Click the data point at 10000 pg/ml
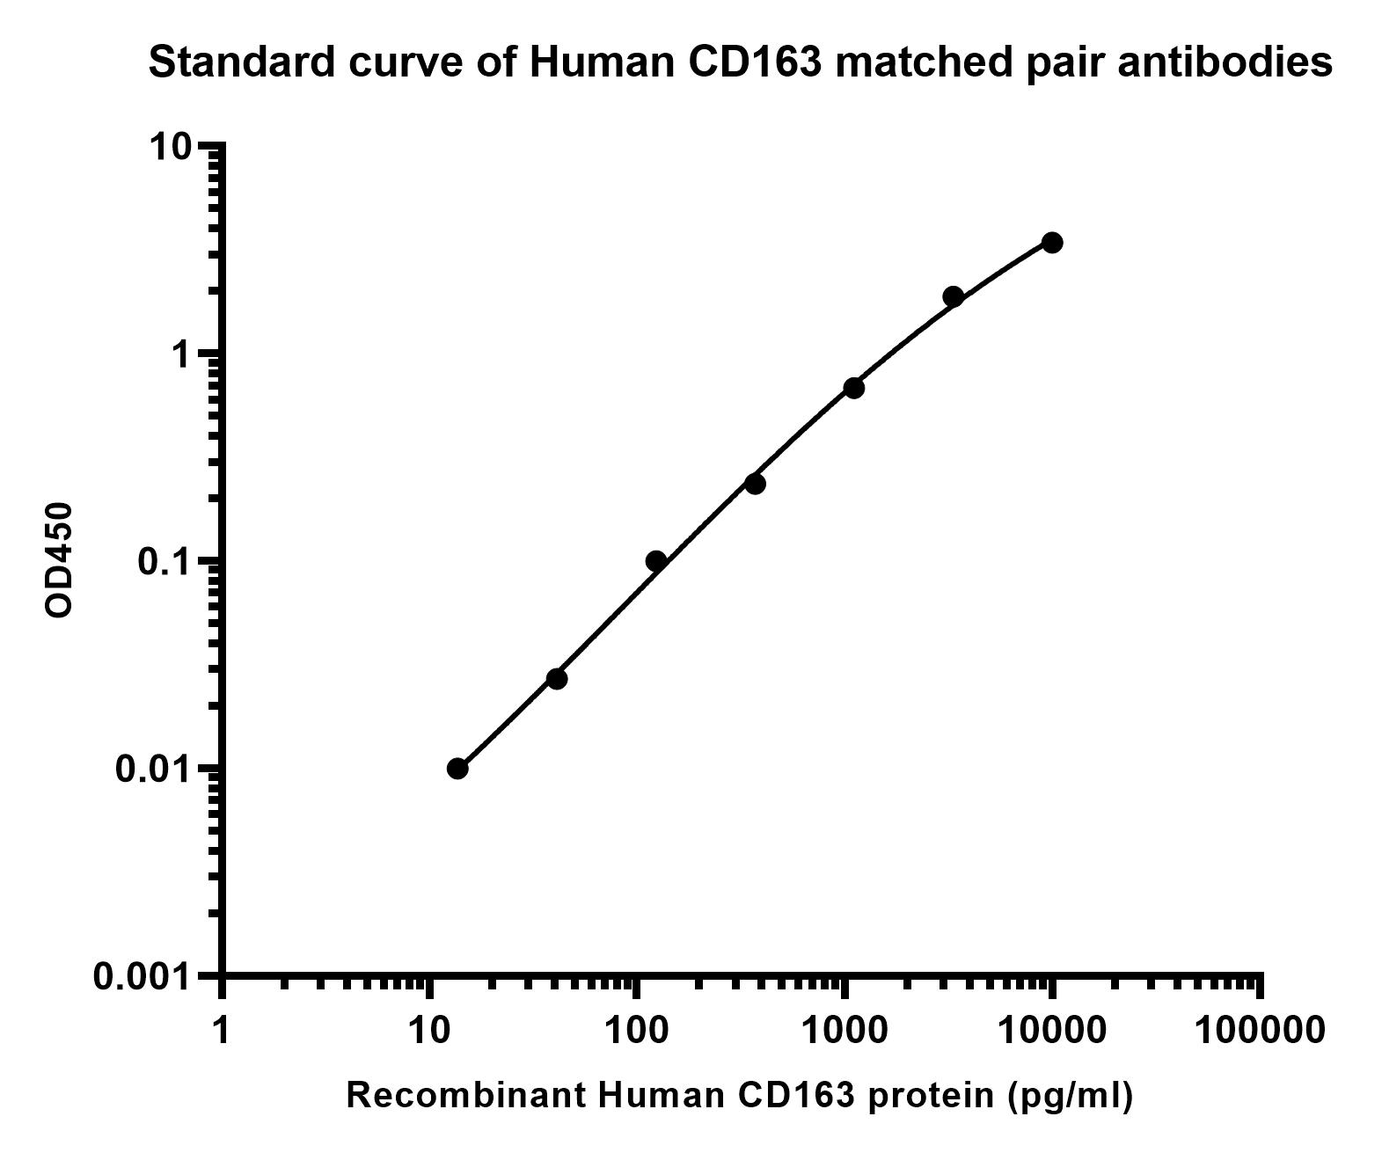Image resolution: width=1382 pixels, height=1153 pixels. click(1051, 243)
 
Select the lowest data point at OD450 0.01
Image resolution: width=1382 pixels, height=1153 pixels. click(457, 769)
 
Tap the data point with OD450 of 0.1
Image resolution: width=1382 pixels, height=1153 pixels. click(655, 561)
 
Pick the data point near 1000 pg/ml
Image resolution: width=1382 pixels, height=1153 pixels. click(853, 388)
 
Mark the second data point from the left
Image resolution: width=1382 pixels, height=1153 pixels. click(557, 679)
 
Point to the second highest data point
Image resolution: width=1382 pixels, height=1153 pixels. click(953, 296)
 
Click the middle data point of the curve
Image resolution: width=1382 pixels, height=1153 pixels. click(755, 484)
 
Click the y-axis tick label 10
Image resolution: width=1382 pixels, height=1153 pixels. click(170, 146)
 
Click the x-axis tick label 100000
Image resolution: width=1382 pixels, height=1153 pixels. click(1260, 1029)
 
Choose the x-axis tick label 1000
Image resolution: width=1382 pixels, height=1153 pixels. click(845, 1029)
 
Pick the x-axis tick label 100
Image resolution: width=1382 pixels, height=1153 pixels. click(636, 1029)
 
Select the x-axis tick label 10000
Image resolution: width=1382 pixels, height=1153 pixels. click(1052, 1029)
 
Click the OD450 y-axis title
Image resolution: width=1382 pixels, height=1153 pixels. click(59, 559)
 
